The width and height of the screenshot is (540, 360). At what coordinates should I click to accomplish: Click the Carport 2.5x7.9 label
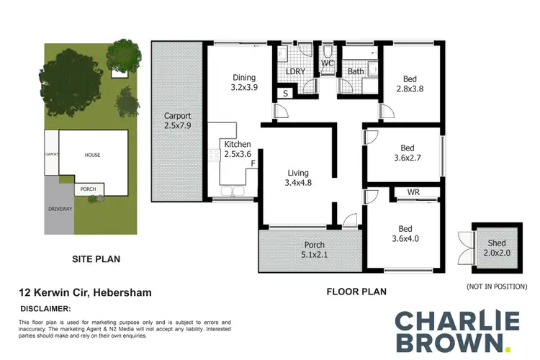tap(176, 121)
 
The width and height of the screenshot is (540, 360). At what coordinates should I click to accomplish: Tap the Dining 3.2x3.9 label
tap(244, 84)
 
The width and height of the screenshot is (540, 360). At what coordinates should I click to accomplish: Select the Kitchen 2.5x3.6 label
tap(238, 149)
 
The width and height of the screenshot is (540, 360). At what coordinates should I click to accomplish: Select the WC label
tap(328, 64)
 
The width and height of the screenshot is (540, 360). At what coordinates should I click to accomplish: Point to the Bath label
tap(356, 72)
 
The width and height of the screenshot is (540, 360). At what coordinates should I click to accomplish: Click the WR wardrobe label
tap(413, 193)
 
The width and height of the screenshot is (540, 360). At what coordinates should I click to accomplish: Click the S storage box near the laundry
tap(285, 93)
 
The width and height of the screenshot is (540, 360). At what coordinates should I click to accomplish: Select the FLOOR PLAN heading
tap(356, 292)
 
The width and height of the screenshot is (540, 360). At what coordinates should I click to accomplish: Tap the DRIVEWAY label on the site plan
tap(60, 209)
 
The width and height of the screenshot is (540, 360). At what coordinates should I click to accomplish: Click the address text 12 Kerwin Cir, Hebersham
tap(85, 293)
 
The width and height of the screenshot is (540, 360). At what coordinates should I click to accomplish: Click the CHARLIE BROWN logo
tap(456, 329)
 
